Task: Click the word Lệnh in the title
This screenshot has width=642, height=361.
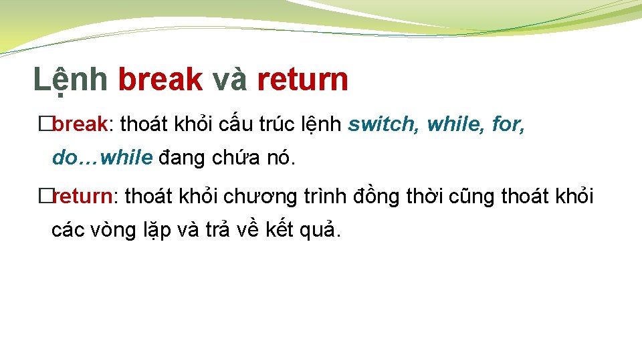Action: tap(70, 80)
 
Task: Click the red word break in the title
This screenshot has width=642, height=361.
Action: tap(160, 80)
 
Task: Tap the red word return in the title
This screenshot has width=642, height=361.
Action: tap(302, 80)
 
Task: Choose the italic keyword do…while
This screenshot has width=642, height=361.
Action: tap(102, 158)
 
